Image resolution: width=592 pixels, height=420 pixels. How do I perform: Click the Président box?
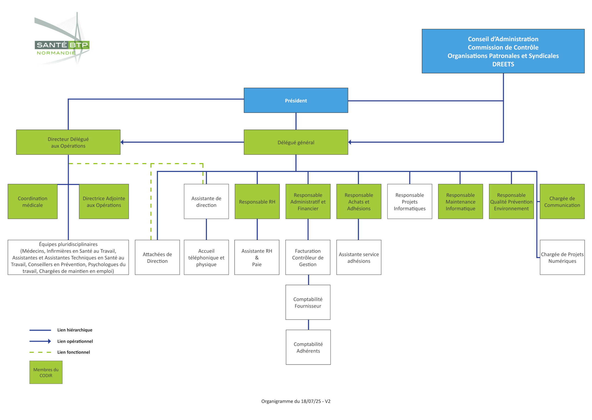296,100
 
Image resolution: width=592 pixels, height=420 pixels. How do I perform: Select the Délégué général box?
296,142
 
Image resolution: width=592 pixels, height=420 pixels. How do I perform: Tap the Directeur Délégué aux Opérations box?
68,142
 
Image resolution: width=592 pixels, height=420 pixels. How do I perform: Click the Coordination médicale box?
33,202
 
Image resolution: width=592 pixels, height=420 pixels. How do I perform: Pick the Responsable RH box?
257,202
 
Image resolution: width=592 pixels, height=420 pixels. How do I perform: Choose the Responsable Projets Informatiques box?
410,202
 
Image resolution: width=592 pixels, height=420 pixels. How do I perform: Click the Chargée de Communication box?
562,202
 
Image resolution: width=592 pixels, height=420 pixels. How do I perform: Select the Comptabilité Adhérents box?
308,347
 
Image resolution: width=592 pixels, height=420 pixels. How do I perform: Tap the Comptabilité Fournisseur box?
308,302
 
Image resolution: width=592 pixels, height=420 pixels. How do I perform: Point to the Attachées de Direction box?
157,257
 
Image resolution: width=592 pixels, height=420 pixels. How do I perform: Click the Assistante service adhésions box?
359,257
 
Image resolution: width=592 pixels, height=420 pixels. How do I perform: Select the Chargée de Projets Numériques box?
562,257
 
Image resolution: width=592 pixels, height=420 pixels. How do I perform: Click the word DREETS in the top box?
503,64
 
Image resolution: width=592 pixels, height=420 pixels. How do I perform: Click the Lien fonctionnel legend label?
74,352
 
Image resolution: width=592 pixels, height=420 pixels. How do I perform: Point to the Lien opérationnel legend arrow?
40,341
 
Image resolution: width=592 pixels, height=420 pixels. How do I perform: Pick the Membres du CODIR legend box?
46,372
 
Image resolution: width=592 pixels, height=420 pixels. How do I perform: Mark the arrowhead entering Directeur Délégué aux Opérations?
122,142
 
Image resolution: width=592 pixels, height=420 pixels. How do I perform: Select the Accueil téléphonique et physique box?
206,257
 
